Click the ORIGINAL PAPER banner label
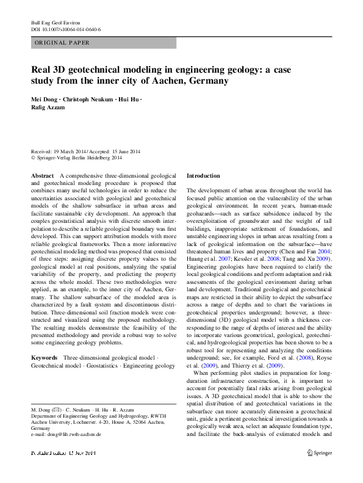coord(62,43)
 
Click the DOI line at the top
coord(66,29)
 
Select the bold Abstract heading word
coord(42,175)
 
